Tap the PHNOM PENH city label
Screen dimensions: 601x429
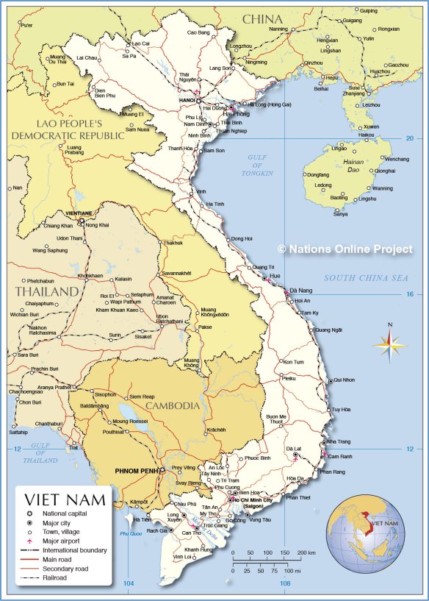tap(136, 470)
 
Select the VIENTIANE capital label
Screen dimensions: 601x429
tap(79, 213)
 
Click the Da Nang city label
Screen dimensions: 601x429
tap(301, 291)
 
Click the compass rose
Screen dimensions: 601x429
tap(390, 343)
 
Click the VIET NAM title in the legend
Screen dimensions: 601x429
tap(65, 500)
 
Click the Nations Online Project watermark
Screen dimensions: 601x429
tap(345, 249)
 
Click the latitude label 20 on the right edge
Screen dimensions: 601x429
tap(410, 138)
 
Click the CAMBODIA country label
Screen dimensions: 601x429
tap(171, 405)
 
